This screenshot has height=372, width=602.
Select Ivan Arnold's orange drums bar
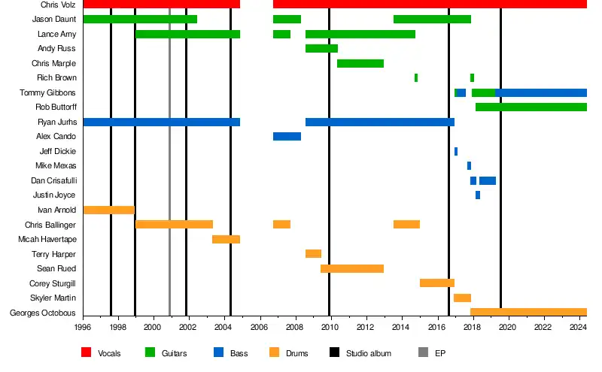pyautogui.click(x=108, y=210)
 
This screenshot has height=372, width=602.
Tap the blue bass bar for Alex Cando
pyautogui.click(x=287, y=137)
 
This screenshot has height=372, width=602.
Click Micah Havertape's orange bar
pyautogui.click(x=226, y=239)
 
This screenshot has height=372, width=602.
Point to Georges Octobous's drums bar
pyautogui.click(x=528, y=312)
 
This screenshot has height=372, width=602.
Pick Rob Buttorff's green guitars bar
pyautogui.click(x=531, y=107)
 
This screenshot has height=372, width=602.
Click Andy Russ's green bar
pyautogui.click(x=321, y=49)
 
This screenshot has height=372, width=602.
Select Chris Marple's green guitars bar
pyautogui.click(x=360, y=63)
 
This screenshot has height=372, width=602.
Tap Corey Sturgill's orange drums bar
pyautogui.click(x=436, y=283)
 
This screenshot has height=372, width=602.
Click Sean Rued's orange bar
pyautogui.click(x=352, y=268)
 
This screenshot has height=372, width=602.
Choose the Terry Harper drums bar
pyautogui.click(x=313, y=254)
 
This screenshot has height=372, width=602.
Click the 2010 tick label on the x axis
pyautogui.click(x=330, y=328)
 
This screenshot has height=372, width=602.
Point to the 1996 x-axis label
pyautogui.click(x=83, y=328)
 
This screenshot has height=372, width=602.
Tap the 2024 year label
pyautogui.click(x=579, y=328)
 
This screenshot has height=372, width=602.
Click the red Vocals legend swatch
pyautogui.click(x=86, y=352)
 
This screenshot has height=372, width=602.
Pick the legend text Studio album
pyautogui.click(x=368, y=353)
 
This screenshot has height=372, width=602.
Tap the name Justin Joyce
pyautogui.click(x=54, y=195)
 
